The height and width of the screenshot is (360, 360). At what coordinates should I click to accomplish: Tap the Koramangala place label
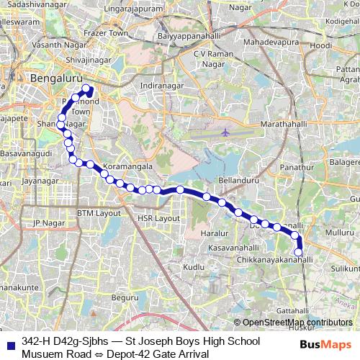(128, 166)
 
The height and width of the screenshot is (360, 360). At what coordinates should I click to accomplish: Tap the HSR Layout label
(158, 217)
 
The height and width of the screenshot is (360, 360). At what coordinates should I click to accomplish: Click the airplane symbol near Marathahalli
(226, 132)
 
